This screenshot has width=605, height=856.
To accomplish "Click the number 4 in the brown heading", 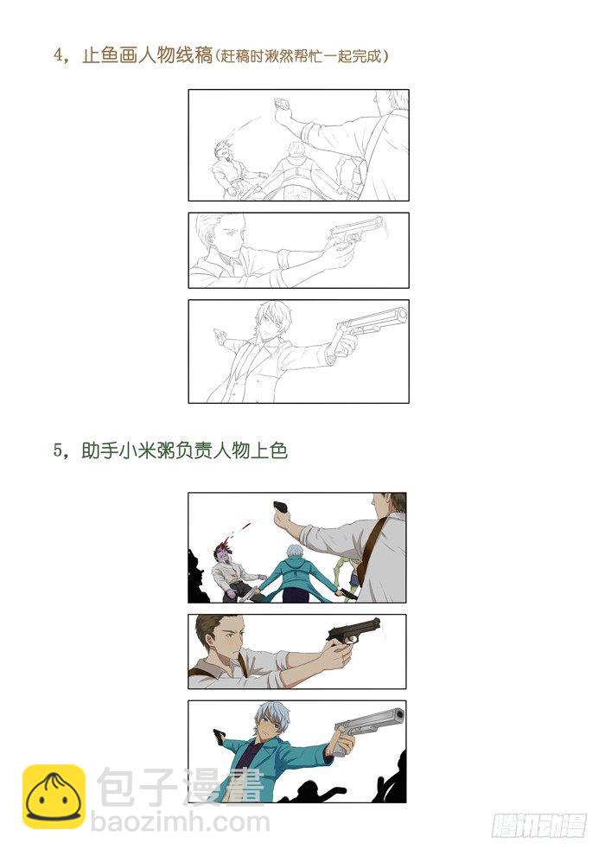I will point(59,56).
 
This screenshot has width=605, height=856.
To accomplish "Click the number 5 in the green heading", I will point(59,450).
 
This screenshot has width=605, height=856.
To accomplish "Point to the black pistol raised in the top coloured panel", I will point(282,509).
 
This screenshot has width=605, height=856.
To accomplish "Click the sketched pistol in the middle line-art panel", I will point(355,232).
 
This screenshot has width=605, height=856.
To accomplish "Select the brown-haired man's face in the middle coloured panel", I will point(226,639).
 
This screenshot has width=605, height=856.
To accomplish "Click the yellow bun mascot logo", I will point(54,796).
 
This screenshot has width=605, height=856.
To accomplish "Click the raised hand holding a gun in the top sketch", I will point(282,107).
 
